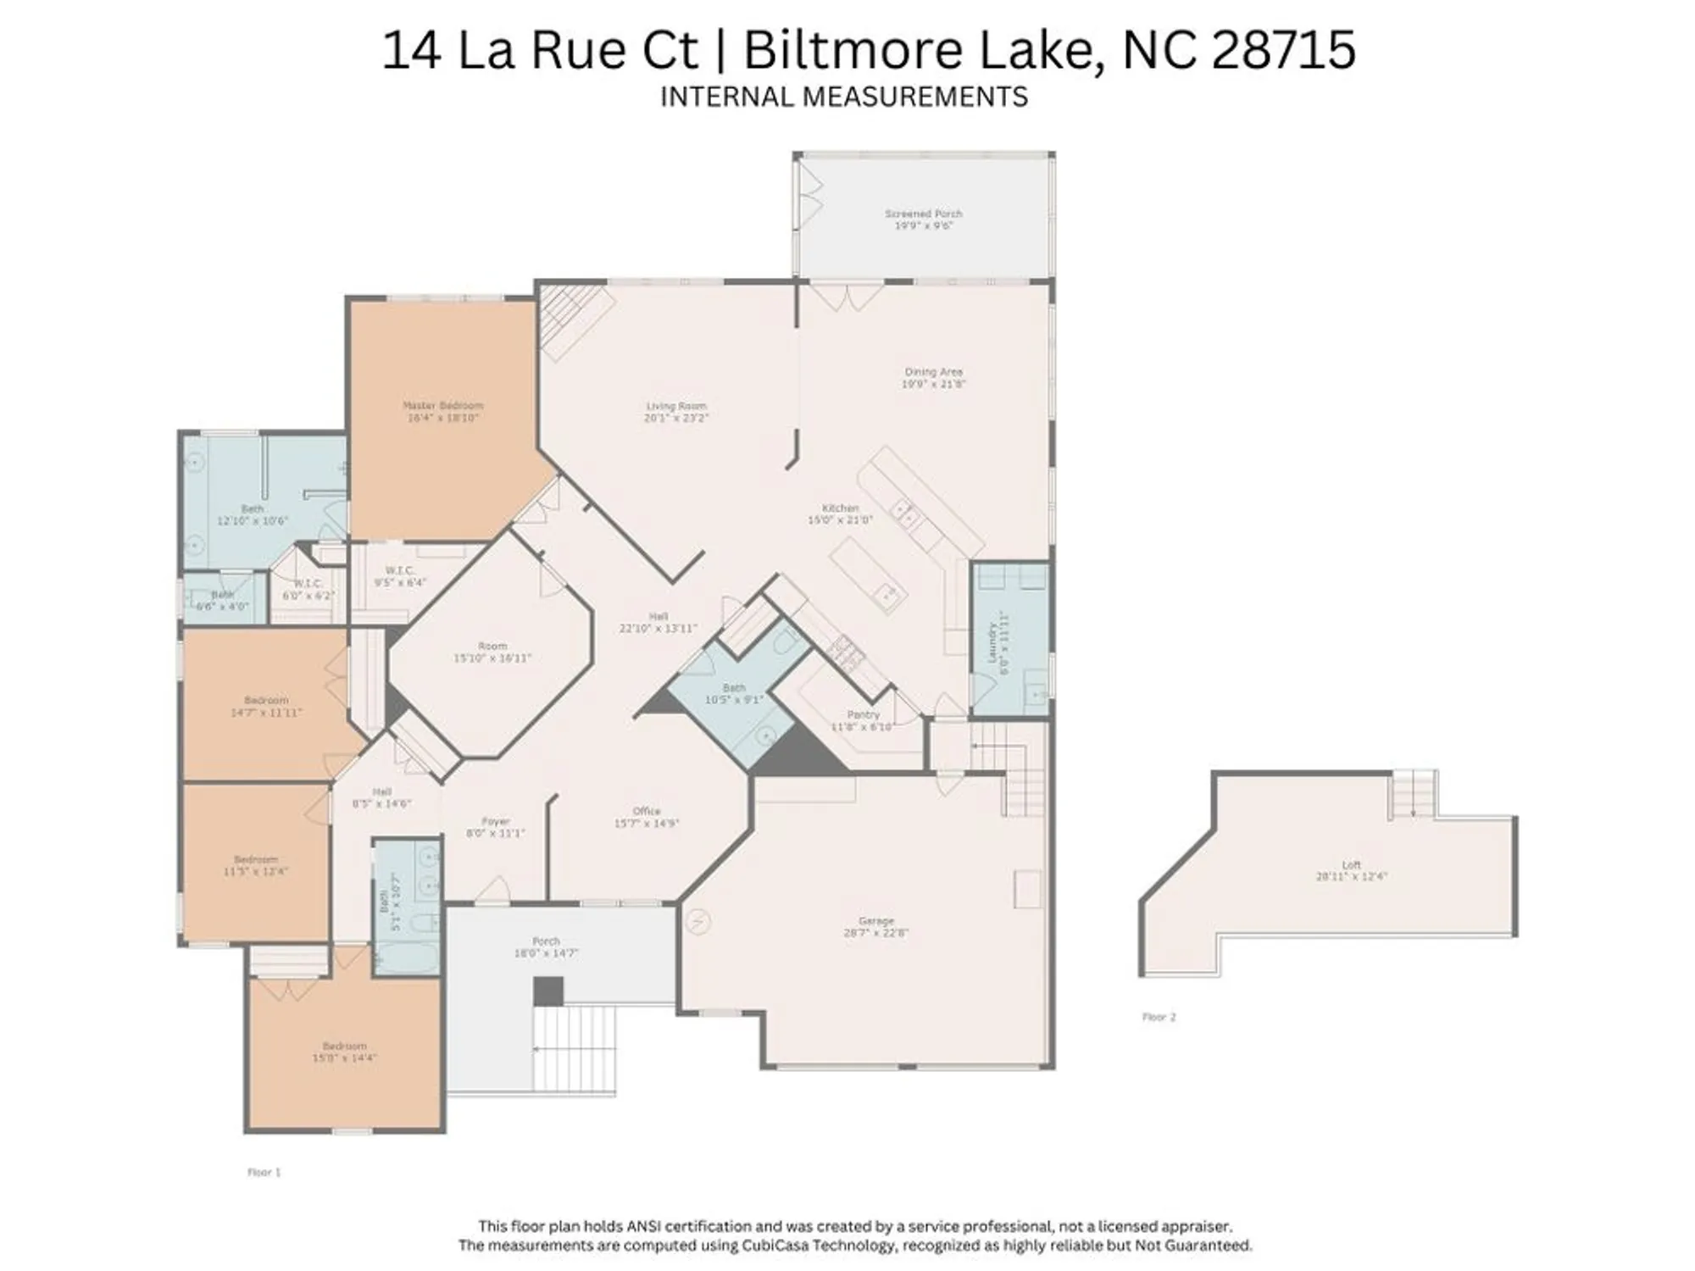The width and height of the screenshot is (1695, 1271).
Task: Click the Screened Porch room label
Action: [x=923, y=219]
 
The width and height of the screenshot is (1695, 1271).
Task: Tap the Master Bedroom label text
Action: [x=442, y=411]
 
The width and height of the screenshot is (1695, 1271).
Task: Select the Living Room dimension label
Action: [x=675, y=418]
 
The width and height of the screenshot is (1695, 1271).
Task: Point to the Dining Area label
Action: [x=933, y=377]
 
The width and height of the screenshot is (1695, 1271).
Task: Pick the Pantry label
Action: [x=863, y=720]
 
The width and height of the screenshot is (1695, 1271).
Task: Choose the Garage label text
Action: [x=875, y=926]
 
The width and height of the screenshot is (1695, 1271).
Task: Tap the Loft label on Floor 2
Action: [x=1351, y=870]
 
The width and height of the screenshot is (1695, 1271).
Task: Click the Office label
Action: [x=646, y=817]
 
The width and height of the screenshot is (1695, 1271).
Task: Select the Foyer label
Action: [x=496, y=827]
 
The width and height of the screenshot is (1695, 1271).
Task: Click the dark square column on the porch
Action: [x=548, y=991]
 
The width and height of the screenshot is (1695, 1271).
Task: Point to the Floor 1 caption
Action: [x=264, y=1172]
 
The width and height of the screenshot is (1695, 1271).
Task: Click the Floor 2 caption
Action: [x=1159, y=1017]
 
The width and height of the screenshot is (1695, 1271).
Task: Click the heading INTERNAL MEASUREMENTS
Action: [x=843, y=97]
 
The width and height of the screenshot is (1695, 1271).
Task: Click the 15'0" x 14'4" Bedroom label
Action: [x=344, y=1052]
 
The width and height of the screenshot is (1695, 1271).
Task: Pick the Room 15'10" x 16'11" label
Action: [x=492, y=652]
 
